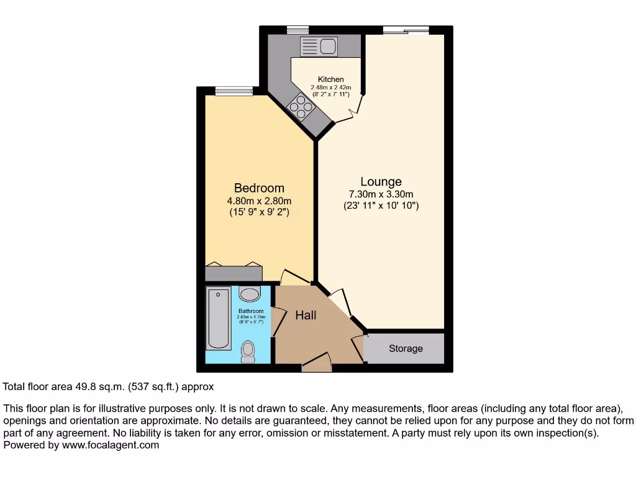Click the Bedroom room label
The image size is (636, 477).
point(259,188)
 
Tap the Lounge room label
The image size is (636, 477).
point(381,181)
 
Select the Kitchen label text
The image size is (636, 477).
point(330,79)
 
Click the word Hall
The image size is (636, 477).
point(306,316)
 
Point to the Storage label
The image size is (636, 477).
point(406,348)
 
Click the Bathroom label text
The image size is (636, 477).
point(250,311)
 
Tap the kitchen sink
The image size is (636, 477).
point(319,46)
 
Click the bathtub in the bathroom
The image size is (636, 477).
point(219,319)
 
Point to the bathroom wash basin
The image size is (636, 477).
point(250,294)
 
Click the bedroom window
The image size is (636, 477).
point(234,91)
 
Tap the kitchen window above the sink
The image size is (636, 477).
point(298,29)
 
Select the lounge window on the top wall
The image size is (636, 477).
point(406,29)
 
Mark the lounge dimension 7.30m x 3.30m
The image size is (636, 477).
point(381,194)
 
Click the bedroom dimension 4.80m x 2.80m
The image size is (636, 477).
point(259,201)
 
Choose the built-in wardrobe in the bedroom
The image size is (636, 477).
point(234,273)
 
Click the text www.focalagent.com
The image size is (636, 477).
point(109,445)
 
